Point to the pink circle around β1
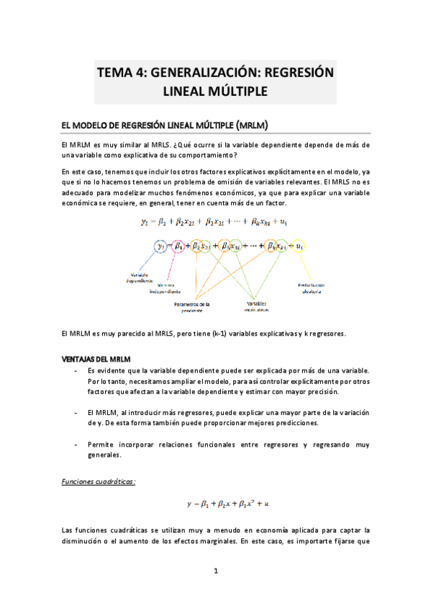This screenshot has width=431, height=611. point(179,246)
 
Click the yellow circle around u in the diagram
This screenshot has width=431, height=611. point(299,246)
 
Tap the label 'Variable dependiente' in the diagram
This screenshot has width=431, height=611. point(141,278)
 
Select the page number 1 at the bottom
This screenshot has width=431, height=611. point(216,571)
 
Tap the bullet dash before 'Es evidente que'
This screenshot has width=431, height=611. point(77,370)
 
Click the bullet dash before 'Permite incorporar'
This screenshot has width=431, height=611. point(77,445)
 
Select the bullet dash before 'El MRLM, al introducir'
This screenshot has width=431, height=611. point(77,412)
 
